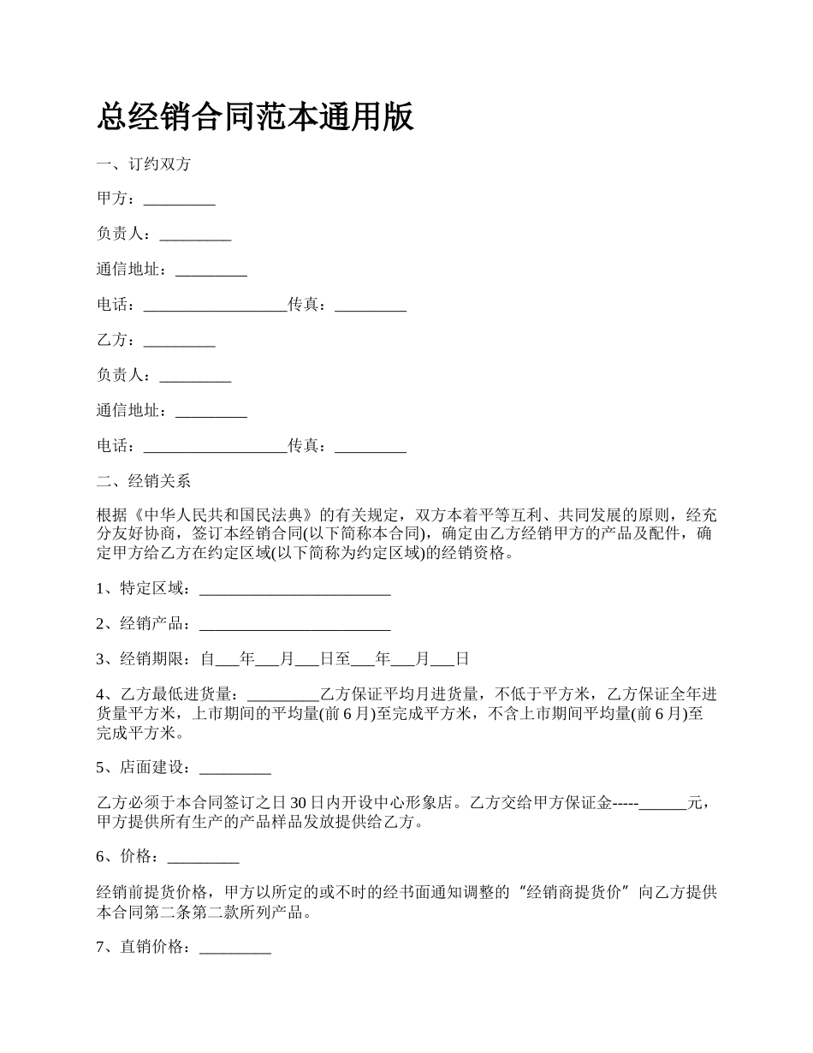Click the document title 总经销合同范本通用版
click(255, 116)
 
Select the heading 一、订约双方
click(144, 164)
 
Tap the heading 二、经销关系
click(144, 481)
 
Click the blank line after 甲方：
click(179, 199)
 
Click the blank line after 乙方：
click(179, 341)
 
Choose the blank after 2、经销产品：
click(294, 624)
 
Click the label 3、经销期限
click(144, 659)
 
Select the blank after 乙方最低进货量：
click(282, 694)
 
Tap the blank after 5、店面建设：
click(234, 767)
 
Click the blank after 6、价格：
click(203, 856)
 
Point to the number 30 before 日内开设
click(300, 803)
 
